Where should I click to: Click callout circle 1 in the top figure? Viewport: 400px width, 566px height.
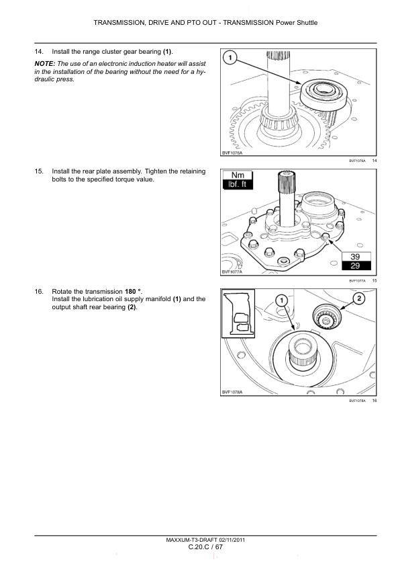pos(230,58)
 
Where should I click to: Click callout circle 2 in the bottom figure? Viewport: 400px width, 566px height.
pos(359,298)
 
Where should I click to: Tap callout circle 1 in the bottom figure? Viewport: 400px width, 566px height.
pos(281,300)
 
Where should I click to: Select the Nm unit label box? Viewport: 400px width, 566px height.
pos(238,175)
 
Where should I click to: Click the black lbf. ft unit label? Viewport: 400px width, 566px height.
pos(238,184)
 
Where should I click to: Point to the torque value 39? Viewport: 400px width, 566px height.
pos(355,256)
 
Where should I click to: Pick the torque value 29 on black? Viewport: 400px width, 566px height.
pos(355,266)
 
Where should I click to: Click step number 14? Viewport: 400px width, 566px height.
pos(39,52)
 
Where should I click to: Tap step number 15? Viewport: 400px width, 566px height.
pos(39,171)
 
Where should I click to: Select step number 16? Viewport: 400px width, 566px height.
pos(39,291)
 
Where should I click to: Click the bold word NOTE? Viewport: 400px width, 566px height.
pos(45,64)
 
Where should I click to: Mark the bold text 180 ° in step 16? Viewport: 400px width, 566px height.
pos(133,291)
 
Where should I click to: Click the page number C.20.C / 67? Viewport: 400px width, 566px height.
pos(205,547)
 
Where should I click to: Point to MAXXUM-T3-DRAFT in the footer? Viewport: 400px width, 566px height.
pos(191,540)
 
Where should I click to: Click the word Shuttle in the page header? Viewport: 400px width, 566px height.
pos(307,22)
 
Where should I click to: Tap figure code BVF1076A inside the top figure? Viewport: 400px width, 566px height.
pos(232,153)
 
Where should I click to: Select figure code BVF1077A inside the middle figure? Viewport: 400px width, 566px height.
pos(232,272)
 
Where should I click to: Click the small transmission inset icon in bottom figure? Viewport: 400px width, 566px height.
pos(238,313)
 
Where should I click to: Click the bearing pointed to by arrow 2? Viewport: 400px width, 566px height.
pos(326,317)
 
